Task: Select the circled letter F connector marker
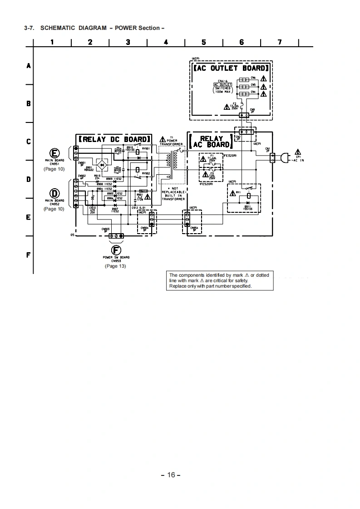pos(116,250)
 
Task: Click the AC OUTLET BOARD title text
pos(230,68)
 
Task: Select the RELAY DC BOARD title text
pos(113,139)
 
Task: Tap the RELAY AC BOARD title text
pos(212,142)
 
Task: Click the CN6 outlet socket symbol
pos(243,79)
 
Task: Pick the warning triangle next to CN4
pos(263,93)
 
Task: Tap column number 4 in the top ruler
pos(166,42)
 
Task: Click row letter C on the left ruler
pos(28,142)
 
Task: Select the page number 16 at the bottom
pos(171,475)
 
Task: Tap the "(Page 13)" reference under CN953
pos(115,266)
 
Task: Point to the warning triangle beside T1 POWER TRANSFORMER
pos(163,139)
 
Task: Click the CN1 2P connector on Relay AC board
pos(272,158)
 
